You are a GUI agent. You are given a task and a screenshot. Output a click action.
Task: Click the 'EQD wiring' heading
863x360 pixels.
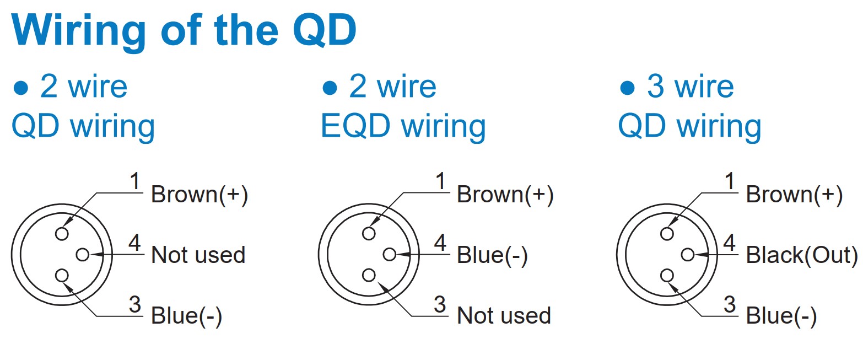click(403, 127)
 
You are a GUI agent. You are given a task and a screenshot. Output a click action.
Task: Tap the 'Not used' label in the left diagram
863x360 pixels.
click(198, 255)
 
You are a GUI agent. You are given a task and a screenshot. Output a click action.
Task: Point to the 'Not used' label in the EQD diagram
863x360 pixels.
click(504, 316)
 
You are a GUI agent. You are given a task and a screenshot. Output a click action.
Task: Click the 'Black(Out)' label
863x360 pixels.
click(801, 255)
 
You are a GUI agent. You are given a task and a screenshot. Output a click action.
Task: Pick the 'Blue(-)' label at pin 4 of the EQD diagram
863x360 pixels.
click(492, 255)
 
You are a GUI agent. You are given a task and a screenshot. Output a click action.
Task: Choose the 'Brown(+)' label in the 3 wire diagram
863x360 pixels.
click(794, 195)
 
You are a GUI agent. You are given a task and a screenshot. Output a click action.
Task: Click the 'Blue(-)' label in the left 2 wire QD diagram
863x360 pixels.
click(186, 316)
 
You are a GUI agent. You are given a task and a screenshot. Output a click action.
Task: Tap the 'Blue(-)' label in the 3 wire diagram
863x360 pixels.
click(781, 316)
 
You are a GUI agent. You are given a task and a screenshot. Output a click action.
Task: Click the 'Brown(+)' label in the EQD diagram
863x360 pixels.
click(505, 195)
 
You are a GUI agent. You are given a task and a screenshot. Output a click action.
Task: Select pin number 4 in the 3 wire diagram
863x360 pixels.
click(729, 243)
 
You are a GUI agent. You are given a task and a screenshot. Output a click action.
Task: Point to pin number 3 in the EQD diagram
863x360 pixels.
click(440, 304)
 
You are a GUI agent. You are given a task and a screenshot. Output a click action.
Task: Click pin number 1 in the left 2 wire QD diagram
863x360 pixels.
click(135, 181)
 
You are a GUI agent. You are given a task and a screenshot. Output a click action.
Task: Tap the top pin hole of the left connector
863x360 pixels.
click(62, 234)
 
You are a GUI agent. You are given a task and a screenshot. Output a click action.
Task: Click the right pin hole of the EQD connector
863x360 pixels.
click(390, 254)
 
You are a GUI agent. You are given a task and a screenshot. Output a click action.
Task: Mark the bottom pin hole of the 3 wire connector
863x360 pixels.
click(667, 276)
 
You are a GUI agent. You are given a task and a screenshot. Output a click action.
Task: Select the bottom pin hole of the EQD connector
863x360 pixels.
click(369, 275)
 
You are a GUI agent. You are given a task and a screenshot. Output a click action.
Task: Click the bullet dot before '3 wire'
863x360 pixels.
click(627, 88)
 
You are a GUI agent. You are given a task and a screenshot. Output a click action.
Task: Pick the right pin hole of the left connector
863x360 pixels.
click(83, 254)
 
